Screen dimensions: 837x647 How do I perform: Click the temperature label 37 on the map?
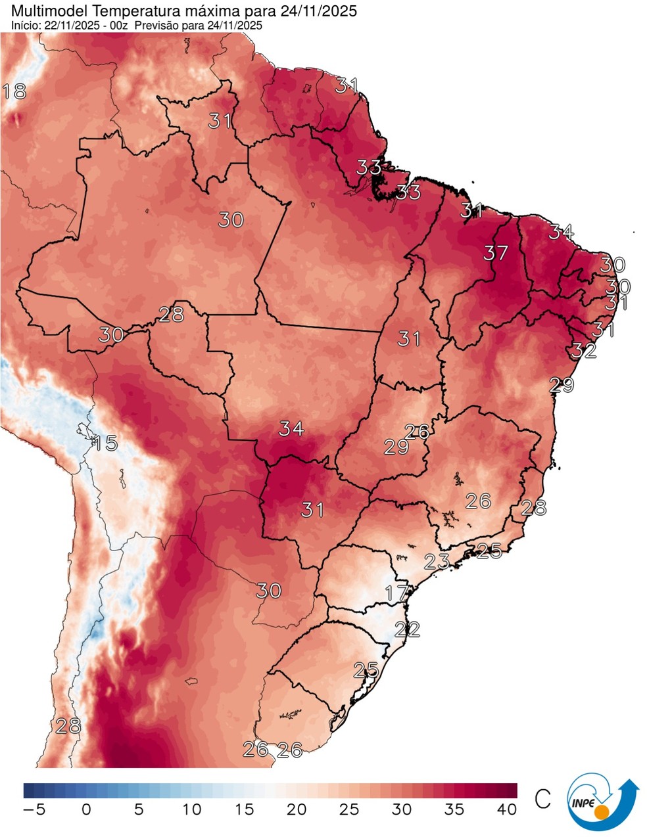[x=496, y=252]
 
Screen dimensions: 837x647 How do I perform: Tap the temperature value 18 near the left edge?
[x=14, y=91]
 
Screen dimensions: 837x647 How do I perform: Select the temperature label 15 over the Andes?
[x=105, y=443]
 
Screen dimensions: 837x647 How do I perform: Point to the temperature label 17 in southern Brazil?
[x=396, y=593]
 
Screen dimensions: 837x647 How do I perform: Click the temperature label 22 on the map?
[x=408, y=629]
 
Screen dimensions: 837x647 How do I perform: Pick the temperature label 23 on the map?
[x=437, y=561]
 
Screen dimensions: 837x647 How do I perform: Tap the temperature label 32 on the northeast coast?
[x=583, y=350]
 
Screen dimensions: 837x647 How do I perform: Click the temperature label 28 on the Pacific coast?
[x=68, y=726]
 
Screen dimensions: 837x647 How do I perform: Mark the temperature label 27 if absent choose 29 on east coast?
[x=562, y=385]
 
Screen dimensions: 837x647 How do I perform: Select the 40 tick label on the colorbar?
[x=506, y=809]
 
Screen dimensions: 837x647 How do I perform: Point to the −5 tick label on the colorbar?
[x=34, y=809]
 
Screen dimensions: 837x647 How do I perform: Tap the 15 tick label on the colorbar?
[x=244, y=809]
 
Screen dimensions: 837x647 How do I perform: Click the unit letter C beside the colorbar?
[x=542, y=800]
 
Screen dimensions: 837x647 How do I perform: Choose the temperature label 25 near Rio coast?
[x=489, y=551]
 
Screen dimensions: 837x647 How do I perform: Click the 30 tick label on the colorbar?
[x=401, y=809]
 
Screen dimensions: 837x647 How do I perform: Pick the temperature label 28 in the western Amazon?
[x=171, y=314]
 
